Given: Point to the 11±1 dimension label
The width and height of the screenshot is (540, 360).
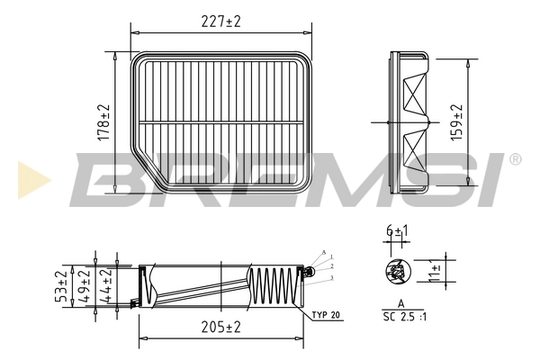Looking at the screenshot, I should tap(436, 271).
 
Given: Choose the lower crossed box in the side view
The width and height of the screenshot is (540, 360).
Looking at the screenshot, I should tap(416, 149).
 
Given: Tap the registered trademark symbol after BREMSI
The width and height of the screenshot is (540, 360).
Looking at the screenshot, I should tap(515, 159).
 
